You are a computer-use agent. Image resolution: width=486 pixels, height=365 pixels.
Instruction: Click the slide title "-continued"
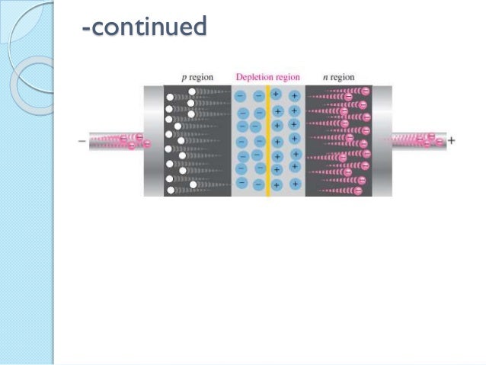144,27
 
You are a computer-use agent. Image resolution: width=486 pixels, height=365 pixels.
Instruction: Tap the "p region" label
197,77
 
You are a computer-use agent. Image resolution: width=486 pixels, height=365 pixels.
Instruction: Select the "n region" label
336,77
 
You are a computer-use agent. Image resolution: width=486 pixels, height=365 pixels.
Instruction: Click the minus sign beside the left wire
82,141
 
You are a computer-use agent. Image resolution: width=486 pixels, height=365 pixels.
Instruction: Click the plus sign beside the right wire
452,140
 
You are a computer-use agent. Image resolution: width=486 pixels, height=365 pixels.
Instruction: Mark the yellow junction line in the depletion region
268,140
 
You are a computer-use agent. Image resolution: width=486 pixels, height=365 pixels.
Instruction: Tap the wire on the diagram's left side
114,141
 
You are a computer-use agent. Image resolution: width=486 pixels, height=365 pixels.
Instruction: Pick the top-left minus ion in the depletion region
241,97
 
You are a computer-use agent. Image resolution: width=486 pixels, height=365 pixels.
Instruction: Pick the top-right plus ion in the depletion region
294,97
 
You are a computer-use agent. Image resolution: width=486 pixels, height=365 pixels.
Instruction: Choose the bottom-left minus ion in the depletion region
241,183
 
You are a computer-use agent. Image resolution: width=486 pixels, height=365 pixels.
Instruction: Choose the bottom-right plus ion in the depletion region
293,184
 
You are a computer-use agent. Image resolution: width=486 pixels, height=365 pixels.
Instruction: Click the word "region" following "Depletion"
287,77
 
